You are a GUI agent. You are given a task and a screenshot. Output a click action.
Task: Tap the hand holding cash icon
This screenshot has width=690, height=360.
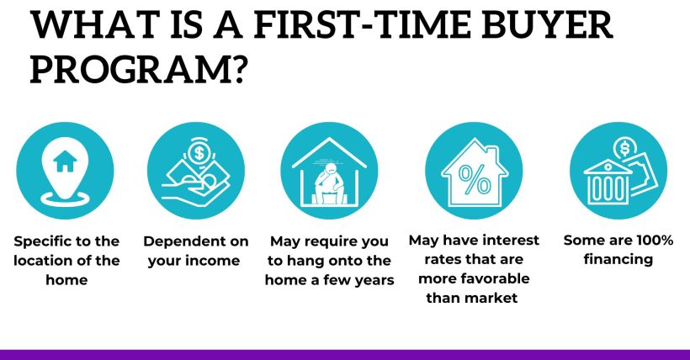pyautogui.click(x=195, y=168)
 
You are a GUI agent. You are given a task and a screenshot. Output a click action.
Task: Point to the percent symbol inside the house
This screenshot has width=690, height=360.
pyautogui.click(x=476, y=180)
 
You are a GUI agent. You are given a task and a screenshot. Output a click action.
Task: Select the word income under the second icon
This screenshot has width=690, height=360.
pyautogui.click(x=214, y=260)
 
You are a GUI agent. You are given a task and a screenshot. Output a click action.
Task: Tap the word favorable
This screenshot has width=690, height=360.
pyautogui.click(x=489, y=279)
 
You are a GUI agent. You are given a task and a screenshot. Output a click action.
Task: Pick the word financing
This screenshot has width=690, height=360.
pyautogui.click(x=618, y=260)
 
